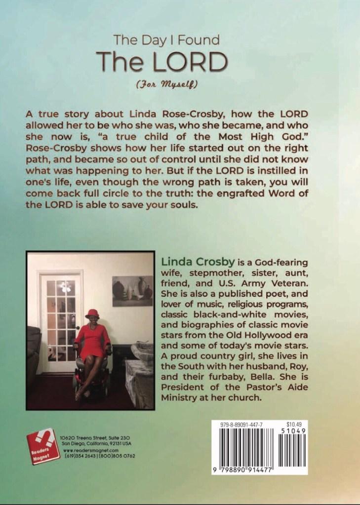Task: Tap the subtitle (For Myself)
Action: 166,84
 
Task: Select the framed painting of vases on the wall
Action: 132,288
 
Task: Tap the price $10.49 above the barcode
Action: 294,424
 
